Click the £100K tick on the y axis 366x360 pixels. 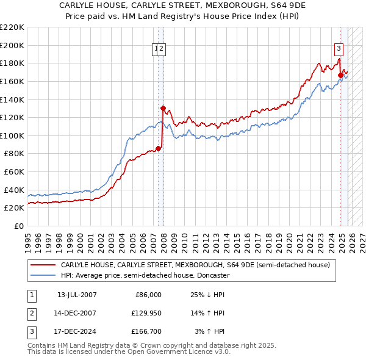[x=12, y=135]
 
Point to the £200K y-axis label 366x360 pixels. [x=12, y=45]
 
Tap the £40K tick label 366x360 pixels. [x=14, y=190]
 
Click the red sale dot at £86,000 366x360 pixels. [x=158, y=148]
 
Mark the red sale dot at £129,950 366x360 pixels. [x=163, y=108]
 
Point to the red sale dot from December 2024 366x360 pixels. [x=340, y=75]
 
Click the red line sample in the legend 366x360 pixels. [x=43, y=265]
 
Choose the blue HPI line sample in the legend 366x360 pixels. [x=43, y=275]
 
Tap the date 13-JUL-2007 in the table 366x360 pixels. [x=77, y=295]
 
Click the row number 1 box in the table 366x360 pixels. [x=30, y=295]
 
